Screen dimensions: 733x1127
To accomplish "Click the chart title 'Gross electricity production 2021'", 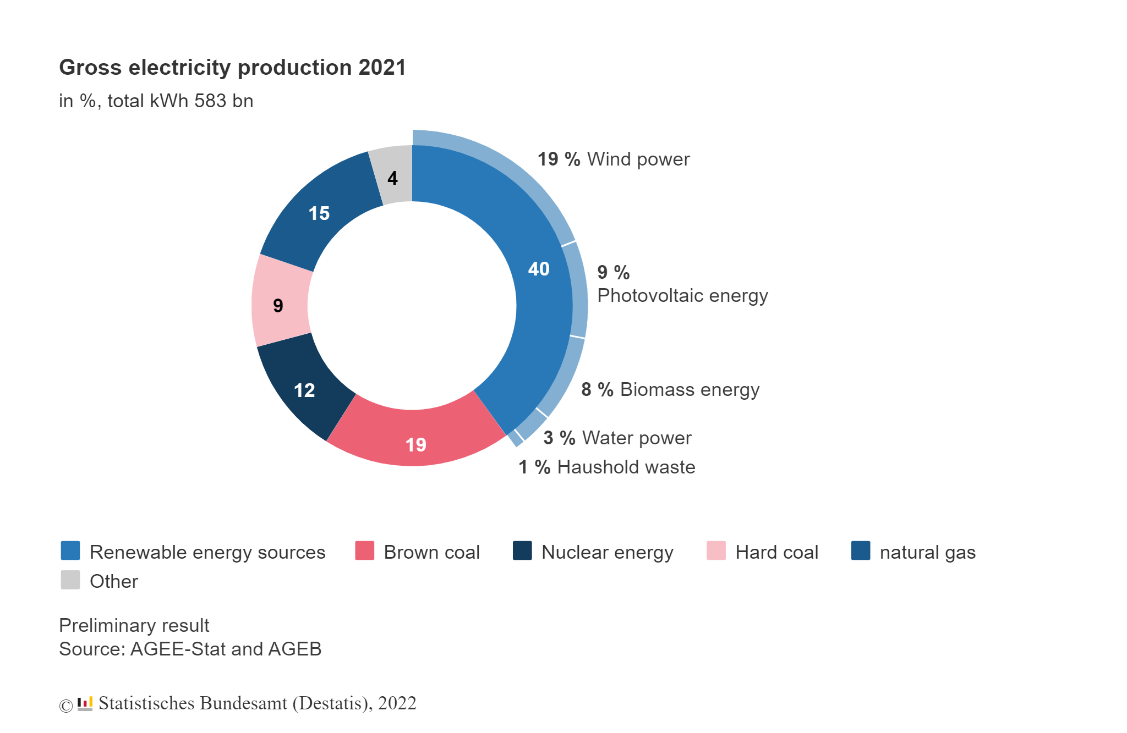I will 232,68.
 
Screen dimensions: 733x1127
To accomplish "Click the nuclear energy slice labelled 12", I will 305,389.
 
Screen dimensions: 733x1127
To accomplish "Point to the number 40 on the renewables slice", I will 539,269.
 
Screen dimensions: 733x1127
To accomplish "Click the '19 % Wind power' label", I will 613,159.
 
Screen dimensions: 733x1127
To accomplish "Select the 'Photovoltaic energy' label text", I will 682,296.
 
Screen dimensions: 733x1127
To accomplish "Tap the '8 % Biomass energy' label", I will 670,390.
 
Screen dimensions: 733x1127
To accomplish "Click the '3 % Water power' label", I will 617,438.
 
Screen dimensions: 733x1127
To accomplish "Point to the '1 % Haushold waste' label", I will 606,467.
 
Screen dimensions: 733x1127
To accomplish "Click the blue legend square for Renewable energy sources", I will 70,551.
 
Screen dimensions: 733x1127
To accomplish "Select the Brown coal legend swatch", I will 364,551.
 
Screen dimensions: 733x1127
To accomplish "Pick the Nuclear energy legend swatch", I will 522,551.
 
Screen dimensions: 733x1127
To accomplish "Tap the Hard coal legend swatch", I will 716,551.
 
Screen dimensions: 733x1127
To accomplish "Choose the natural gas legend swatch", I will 861,551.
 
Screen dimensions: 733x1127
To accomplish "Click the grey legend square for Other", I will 70,580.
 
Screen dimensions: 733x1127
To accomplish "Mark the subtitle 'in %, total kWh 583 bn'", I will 156,101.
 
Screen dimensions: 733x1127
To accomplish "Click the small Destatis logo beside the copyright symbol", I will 85,704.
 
